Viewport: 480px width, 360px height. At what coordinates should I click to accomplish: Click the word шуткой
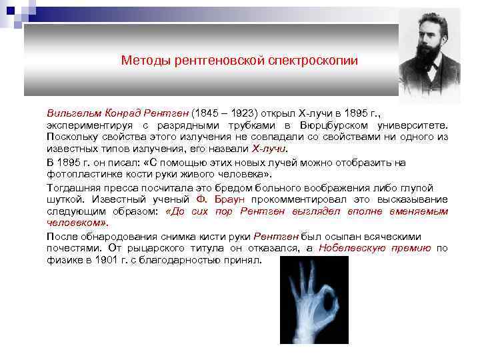click(64, 199)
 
